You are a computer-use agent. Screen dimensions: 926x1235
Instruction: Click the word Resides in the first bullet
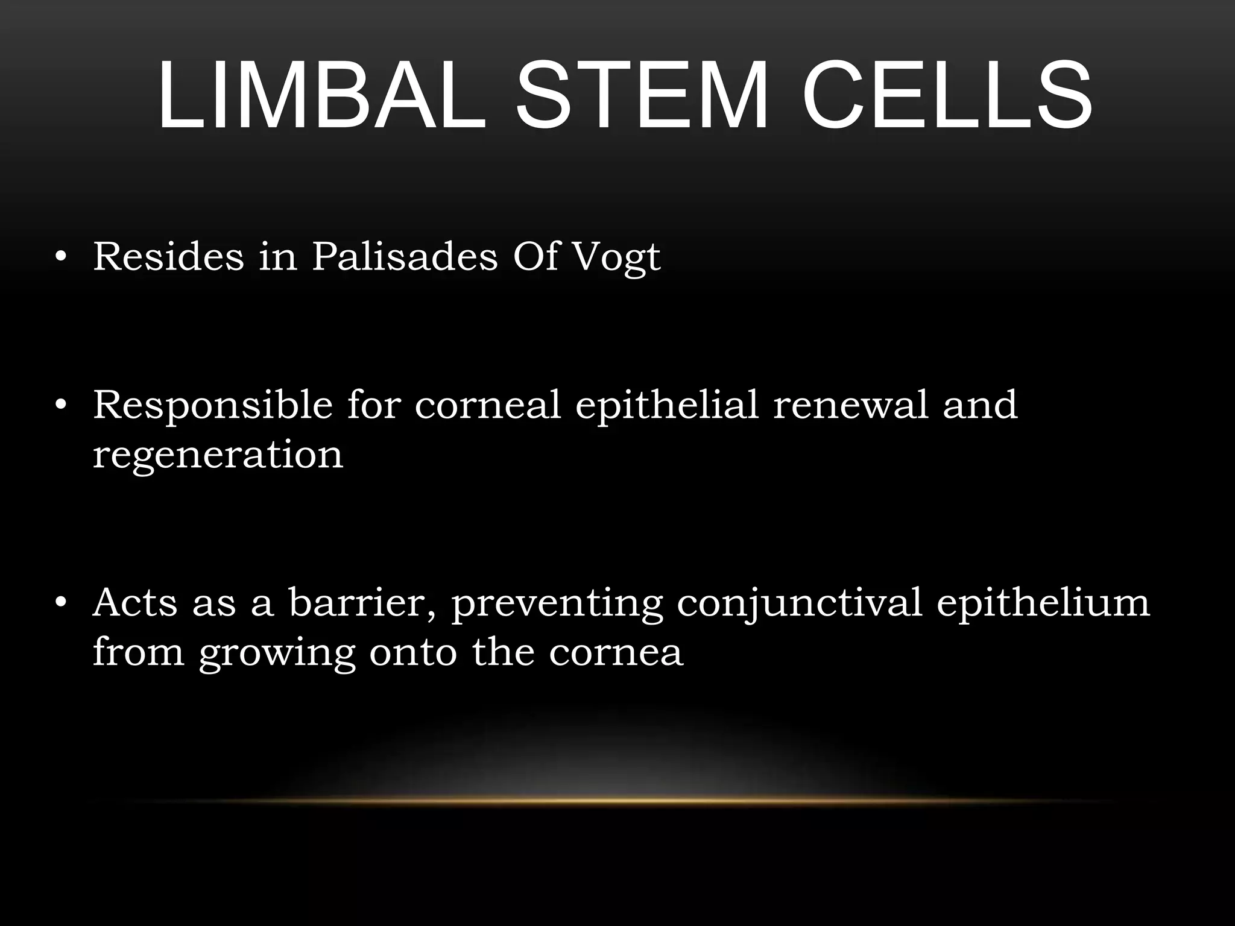tap(168, 256)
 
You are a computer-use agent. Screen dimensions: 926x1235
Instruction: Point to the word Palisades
tap(405, 256)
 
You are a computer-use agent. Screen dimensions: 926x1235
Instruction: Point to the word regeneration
tap(218, 456)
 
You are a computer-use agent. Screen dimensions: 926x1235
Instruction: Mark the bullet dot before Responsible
tap(60, 406)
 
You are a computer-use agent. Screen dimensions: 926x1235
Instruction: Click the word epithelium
tap(1043, 603)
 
